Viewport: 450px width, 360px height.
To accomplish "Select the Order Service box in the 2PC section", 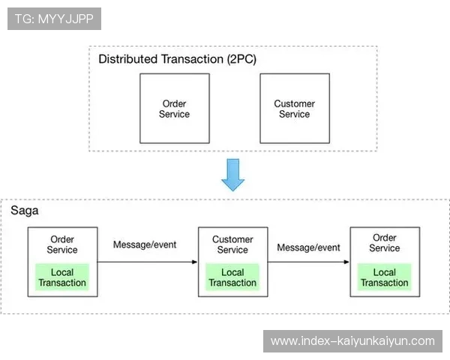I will point(175,109).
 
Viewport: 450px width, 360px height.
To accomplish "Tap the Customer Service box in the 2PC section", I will point(294,109).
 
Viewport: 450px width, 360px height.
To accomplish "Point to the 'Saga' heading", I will point(24,211).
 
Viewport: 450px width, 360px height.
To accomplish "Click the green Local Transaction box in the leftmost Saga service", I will point(62,277).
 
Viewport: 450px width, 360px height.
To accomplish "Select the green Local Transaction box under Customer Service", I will point(232,277).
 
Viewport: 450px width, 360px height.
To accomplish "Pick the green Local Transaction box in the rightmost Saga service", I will point(384,277).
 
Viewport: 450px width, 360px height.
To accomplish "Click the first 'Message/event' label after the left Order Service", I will point(144,245).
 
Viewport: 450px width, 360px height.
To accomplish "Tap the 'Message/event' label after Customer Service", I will point(308,247).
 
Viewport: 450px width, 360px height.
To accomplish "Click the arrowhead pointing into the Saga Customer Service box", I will point(194,262).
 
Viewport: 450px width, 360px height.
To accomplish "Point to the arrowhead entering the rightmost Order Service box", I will point(346,262).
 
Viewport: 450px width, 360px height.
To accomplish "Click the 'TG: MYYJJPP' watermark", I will point(54,19).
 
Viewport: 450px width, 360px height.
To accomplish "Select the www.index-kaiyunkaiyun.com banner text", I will point(352,341).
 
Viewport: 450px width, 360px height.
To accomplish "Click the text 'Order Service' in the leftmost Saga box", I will point(62,244).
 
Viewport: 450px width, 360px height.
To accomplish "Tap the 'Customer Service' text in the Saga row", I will point(232,244).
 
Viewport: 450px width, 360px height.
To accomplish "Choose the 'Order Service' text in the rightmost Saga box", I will point(384,243).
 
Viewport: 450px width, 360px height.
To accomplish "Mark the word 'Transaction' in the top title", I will point(191,59).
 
